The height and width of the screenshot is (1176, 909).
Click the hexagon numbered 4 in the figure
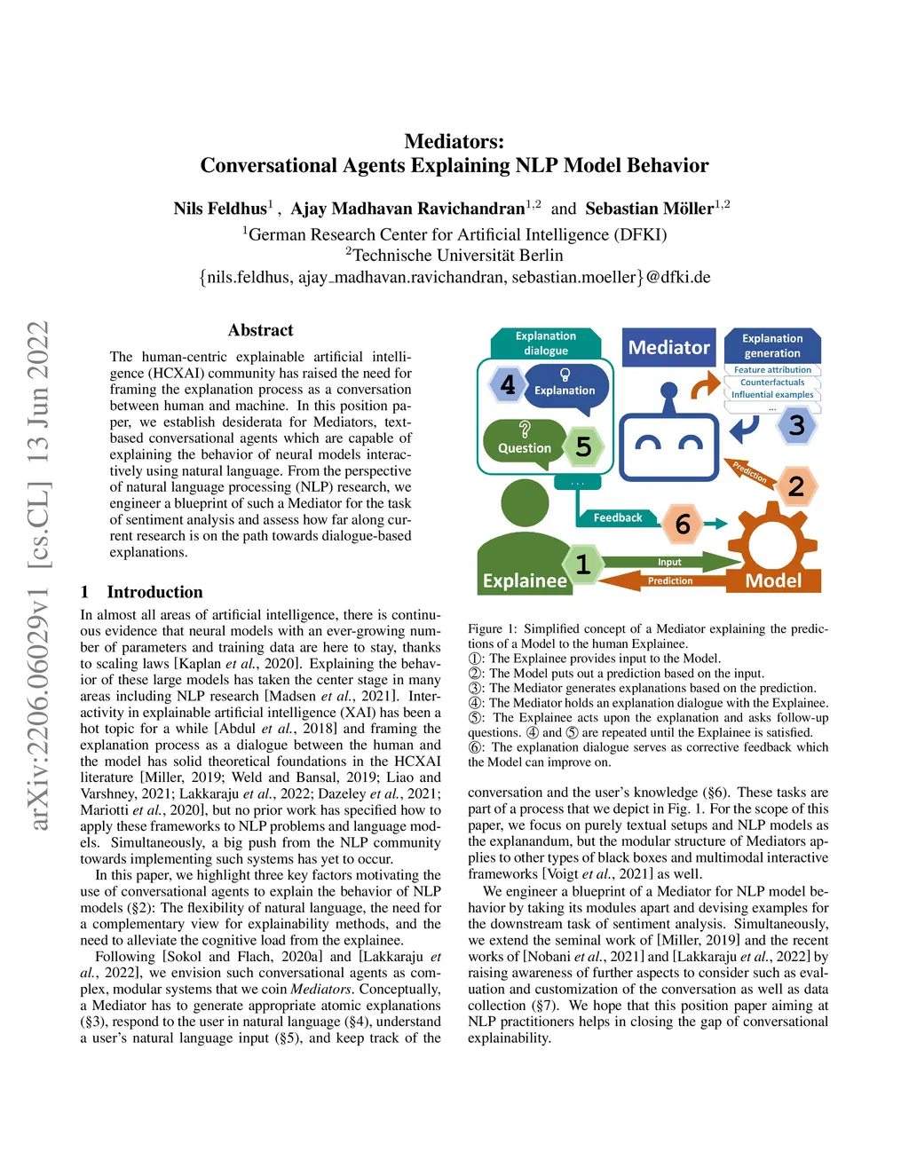[508, 384]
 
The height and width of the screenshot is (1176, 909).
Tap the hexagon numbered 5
[583, 446]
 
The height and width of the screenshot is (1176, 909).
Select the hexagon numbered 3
[796, 425]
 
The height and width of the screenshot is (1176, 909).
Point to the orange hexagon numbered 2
[795, 485]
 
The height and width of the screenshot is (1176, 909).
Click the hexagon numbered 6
[683, 524]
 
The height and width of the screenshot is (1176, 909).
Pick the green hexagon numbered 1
[582, 564]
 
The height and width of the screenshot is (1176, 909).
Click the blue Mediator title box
[669, 348]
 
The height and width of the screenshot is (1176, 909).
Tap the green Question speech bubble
[525, 443]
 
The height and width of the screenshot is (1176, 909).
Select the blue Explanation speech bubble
[565, 388]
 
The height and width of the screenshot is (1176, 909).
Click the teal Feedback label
[618, 518]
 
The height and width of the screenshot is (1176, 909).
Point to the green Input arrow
[670, 562]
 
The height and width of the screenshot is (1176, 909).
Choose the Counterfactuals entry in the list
[772, 383]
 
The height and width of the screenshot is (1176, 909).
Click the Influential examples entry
[772, 395]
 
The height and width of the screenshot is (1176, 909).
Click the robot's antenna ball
[669, 390]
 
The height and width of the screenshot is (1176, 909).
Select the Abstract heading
[260, 330]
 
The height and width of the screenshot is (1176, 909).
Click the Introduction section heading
[154, 592]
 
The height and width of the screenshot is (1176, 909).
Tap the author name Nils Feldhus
[220, 209]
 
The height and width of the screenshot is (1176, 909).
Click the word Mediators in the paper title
[454, 141]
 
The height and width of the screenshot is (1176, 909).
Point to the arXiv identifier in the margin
[39, 577]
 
